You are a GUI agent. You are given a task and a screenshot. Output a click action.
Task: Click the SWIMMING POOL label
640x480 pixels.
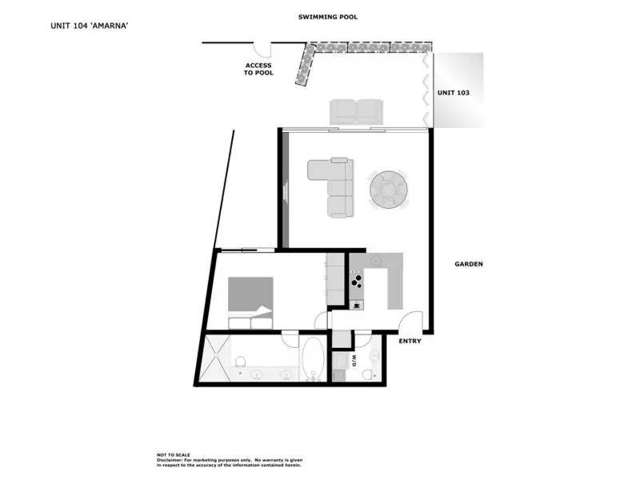(328, 17)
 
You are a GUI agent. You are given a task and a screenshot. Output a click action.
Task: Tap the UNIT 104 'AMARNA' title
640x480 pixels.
(90, 26)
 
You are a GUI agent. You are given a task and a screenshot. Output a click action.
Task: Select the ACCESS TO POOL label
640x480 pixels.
(258, 69)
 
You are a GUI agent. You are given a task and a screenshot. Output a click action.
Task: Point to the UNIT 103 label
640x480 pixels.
(453, 93)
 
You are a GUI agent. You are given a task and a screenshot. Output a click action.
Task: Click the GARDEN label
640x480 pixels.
(469, 264)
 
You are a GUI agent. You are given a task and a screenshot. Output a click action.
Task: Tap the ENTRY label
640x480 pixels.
(410, 341)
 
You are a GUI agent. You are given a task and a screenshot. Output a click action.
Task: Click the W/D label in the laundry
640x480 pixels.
(354, 361)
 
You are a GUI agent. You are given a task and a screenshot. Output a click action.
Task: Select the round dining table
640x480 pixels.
(389, 190)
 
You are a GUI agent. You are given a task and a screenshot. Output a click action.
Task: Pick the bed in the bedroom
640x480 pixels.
(250, 303)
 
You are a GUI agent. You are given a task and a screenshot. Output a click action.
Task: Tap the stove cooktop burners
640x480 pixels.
(356, 280)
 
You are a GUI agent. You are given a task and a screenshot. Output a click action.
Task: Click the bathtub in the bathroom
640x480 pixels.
(313, 358)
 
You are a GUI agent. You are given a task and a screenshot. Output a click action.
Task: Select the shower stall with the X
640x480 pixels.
(217, 358)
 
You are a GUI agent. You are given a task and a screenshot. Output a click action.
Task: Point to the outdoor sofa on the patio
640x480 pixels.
(356, 111)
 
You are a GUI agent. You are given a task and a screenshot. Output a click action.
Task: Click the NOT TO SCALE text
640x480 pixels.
(174, 454)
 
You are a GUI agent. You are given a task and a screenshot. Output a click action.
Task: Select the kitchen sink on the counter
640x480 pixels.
(376, 260)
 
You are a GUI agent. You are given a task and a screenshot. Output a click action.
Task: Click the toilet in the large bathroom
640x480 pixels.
(241, 361)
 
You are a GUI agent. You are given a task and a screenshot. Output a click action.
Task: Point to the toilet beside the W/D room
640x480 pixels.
(368, 374)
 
